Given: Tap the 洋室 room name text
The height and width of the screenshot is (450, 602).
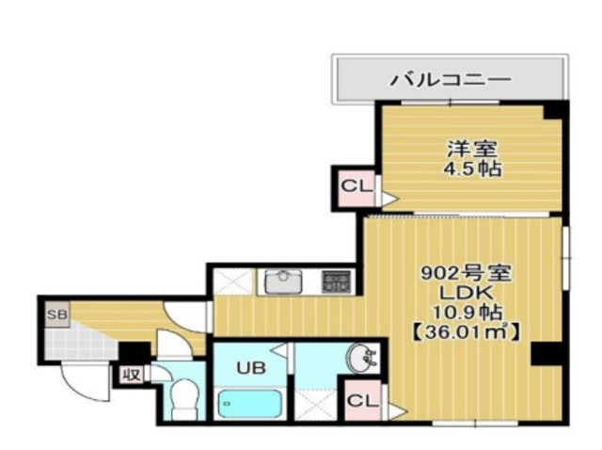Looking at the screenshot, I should coord(471,149).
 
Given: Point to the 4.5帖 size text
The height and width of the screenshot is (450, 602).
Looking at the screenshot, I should coord(471,169).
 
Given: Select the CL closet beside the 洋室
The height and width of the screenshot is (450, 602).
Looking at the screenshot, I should coord(356,185).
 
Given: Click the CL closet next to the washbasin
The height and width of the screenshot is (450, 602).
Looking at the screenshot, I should coord(362,400).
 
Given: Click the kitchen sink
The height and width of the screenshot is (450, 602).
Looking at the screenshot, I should coord(281,281).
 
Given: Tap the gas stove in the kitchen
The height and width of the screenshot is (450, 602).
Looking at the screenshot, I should coord(335,280).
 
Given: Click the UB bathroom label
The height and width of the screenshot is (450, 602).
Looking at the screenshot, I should coord(249,365).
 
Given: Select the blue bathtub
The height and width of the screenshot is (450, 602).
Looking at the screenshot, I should coord(249,404).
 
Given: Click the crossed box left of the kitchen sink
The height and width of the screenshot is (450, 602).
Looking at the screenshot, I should coord(231,281).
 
